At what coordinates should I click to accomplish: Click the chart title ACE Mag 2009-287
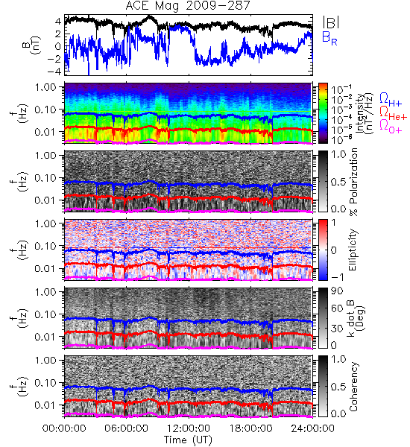tap(188, 6)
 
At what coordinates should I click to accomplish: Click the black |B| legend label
tap(331, 22)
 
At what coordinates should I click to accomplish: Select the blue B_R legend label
tap(329, 38)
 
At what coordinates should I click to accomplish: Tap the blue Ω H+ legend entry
tap(391, 100)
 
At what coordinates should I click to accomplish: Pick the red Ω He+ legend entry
tap(393, 112)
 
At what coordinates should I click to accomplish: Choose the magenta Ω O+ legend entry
tap(391, 126)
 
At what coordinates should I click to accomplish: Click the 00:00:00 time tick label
tap(64, 428)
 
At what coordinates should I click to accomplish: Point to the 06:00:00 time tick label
tap(127, 428)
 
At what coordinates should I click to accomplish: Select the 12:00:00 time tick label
tap(189, 428)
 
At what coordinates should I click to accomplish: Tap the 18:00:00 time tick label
tap(250, 428)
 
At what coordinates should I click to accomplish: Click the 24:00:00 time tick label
tap(312, 428)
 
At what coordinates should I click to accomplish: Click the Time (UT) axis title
tap(188, 440)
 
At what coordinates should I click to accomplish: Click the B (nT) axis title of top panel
tap(33, 45)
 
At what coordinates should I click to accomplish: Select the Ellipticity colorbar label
tap(353, 250)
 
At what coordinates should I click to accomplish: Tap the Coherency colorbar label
tap(353, 387)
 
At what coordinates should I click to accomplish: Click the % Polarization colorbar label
tap(353, 182)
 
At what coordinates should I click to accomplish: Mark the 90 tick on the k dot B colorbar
tap(337, 291)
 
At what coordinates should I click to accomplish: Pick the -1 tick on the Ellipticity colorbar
tap(337, 277)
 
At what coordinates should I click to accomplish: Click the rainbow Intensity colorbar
tap(323, 113)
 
